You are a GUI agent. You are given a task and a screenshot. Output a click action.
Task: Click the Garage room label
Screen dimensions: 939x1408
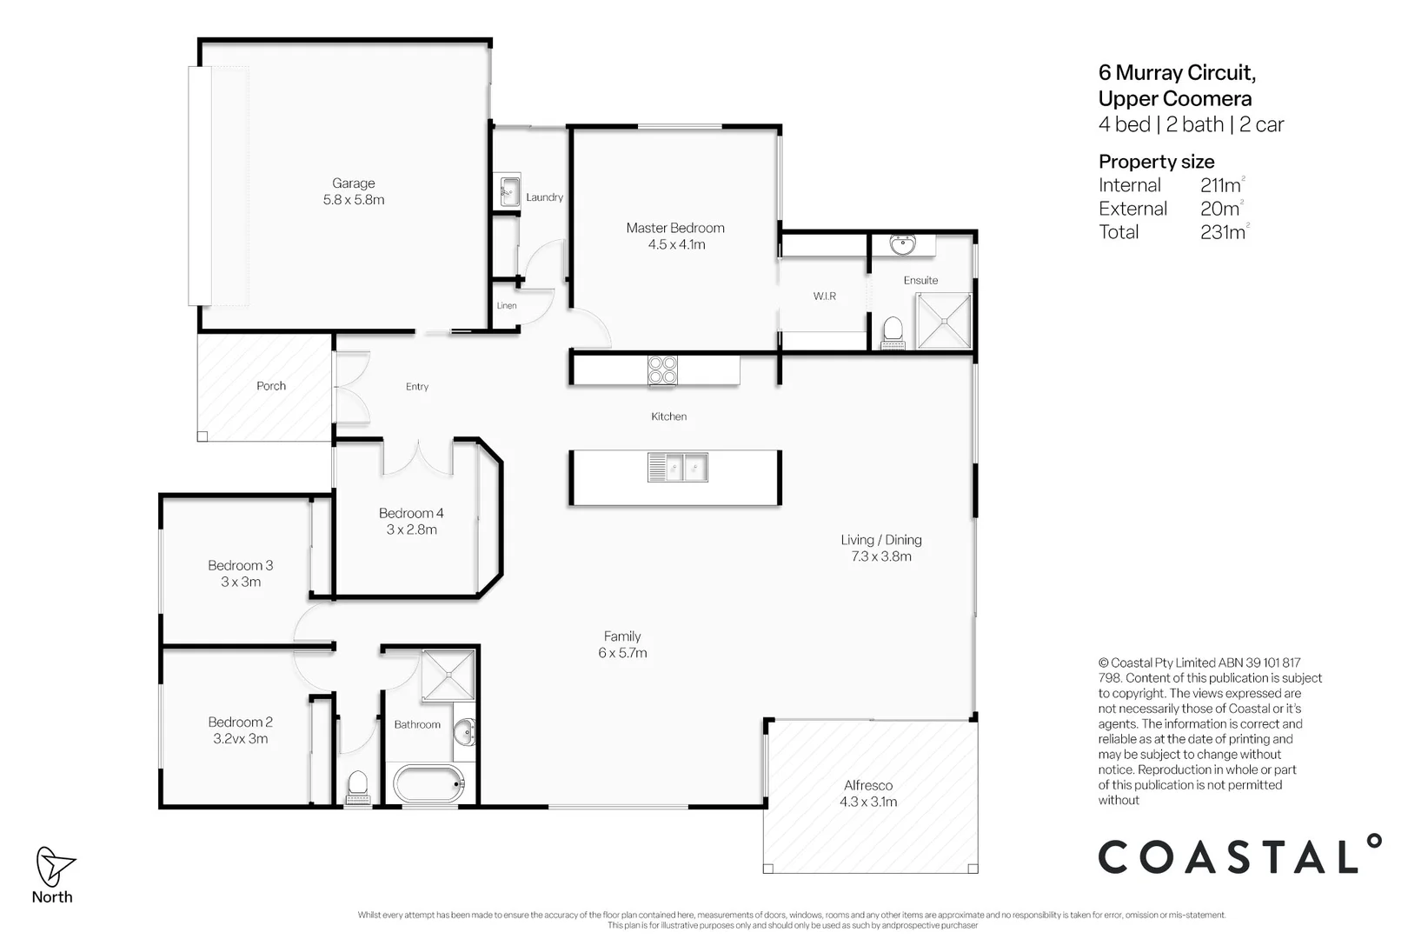coord(353,183)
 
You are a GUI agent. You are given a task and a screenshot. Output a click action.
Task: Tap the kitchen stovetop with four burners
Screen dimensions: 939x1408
coord(662,370)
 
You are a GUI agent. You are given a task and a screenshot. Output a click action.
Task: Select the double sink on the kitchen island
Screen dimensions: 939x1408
coord(677,468)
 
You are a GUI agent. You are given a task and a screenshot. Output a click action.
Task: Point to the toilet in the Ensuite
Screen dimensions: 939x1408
coord(893,333)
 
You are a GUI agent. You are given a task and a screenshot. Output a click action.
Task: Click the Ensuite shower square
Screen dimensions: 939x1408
coord(944,320)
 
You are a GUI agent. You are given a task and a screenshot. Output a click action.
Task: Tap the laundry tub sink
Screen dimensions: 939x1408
coord(508,191)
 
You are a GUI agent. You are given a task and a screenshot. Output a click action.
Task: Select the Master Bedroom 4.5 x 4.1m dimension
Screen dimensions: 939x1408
coord(676,245)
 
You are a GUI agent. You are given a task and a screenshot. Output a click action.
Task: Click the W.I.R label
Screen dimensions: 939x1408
coord(824,296)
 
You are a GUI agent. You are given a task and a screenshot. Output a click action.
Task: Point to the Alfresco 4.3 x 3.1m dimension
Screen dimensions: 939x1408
coord(867,802)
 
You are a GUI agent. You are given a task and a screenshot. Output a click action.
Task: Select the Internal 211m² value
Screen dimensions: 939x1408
coord(1220,185)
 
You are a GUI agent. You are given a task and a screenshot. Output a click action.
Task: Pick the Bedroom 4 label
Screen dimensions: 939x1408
coord(411,513)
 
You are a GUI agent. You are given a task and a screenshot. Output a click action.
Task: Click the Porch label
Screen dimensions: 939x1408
coord(271,386)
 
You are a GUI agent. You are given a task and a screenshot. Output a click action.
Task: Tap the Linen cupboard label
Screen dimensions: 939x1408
coord(507,306)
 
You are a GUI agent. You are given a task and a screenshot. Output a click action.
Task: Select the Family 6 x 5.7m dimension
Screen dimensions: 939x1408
coord(622,653)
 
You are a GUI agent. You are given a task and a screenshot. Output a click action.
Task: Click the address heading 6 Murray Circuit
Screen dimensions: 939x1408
coord(1176,73)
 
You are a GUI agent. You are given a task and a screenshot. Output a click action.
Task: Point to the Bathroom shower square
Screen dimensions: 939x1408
coord(448,676)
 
